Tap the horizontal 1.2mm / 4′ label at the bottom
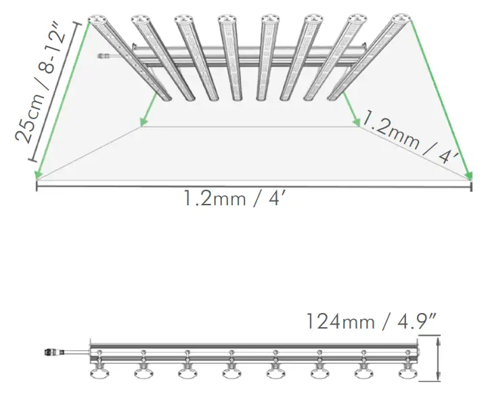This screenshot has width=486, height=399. [241, 199]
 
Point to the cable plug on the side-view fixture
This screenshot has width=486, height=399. [51, 352]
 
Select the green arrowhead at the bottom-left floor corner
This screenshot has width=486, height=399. [38, 177]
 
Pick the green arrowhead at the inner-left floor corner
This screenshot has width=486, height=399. [143, 123]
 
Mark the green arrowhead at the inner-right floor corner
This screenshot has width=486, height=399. [357, 123]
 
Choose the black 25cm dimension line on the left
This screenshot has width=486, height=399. [58, 91]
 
